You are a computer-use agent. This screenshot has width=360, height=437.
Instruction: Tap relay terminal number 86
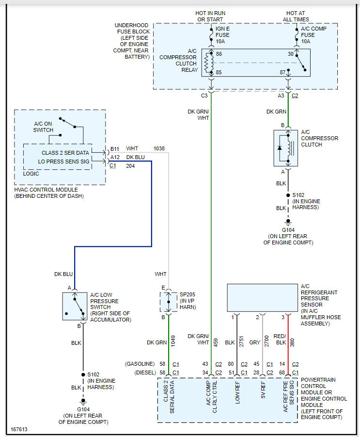click(219, 54)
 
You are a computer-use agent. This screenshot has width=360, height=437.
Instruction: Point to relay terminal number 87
click(282, 73)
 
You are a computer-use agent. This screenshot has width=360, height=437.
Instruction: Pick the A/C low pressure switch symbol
click(75, 306)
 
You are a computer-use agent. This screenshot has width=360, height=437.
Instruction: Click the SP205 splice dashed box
click(168, 302)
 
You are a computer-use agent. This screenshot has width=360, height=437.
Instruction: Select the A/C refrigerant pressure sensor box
click(262, 298)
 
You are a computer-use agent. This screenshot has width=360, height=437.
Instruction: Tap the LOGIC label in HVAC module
click(31, 173)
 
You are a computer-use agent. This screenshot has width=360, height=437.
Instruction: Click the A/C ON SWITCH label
click(44, 127)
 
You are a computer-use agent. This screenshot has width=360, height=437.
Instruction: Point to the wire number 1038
click(159, 148)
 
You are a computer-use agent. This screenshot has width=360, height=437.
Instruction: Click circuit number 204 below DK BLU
click(131, 166)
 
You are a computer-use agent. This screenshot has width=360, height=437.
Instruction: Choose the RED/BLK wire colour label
click(280, 340)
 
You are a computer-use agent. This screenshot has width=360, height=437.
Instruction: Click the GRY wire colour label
click(255, 342)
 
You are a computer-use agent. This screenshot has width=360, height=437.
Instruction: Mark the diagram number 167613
click(20, 429)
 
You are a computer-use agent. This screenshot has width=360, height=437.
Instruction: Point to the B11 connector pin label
click(115, 148)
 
